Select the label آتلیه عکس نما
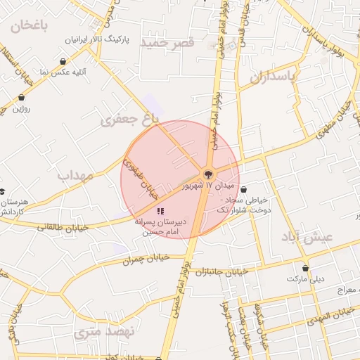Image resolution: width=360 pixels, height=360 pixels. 63,72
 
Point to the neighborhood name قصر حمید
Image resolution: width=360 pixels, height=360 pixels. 167,43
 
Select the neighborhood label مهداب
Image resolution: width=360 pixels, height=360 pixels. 75,176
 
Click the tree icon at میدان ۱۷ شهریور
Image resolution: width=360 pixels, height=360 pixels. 208,174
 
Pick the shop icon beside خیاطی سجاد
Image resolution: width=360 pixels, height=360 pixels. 243,189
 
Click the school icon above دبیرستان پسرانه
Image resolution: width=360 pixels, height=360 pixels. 160,210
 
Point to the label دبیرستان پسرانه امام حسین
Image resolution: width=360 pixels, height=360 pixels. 159,226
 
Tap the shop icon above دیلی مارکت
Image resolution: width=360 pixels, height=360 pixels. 305,267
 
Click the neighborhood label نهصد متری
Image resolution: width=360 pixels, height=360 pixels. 98,331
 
